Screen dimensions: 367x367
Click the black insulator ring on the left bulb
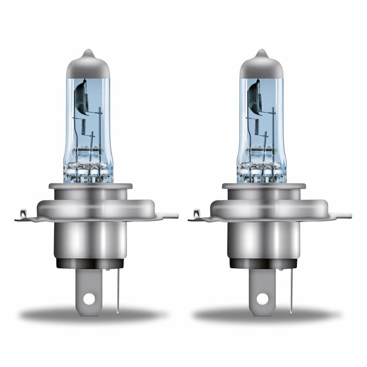[x=90, y=263]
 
